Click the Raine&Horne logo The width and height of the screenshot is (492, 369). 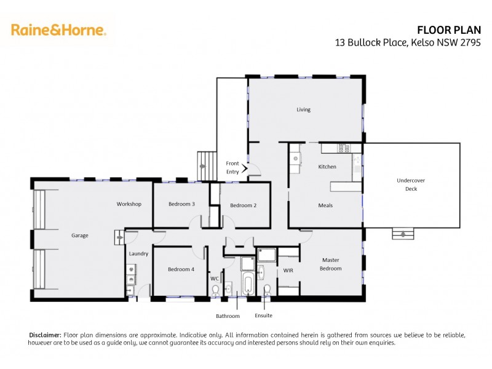click(58, 30)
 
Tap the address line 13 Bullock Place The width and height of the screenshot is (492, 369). click(412, 42)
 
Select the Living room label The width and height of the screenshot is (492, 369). click(303, 109)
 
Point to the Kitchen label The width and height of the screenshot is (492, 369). click(327, 167)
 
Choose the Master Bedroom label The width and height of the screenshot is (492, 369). click(330, 264)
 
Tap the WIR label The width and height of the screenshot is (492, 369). click(288, 270)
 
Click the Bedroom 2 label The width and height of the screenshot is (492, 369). click(243, 205)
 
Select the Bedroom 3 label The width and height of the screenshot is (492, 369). click(181, 204)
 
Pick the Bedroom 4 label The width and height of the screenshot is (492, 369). click(181, 269)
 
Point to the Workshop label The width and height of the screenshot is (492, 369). click(129, 204)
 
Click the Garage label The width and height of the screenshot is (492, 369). click(79, 235)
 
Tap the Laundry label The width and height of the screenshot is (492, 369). click(138, 253)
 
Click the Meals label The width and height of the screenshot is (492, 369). click(325, 205)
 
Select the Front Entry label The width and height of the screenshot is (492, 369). click(232, 167)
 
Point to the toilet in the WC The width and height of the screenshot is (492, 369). click(215, 292)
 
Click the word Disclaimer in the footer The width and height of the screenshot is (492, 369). click(45, 335)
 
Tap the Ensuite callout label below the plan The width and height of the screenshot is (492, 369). click(264, 316)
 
